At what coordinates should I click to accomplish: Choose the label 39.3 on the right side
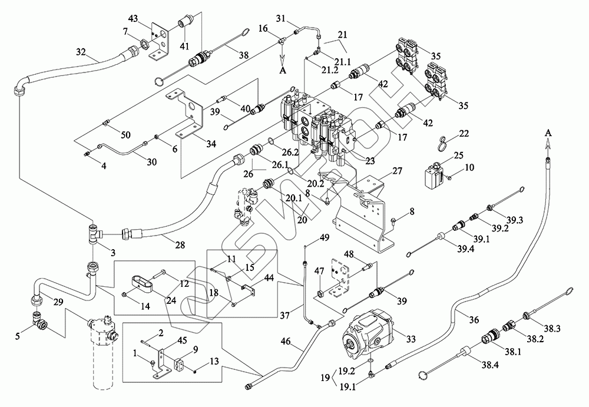click(x=514, y=220)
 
